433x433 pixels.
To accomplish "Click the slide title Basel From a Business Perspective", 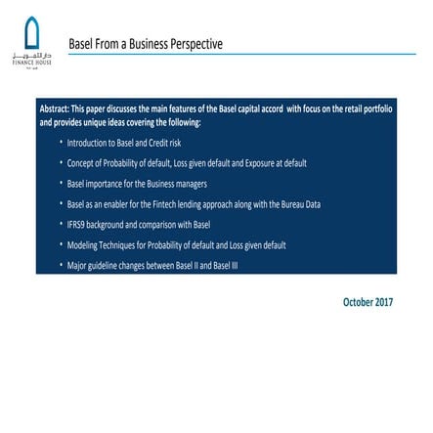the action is [x=145, y=44].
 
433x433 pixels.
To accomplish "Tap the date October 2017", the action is [x=368, y=302].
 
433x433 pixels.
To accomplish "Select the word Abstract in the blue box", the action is [x=55, y=109].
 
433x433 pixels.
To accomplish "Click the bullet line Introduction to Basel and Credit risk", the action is [x=123, y=143].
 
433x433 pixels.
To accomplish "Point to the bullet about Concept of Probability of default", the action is [x=186, y=163].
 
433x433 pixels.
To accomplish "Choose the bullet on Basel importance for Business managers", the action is [x=136, y=184].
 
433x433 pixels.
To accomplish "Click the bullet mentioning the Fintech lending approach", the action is [x=193, y=204].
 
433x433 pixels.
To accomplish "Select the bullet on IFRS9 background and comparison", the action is [x=138, y=225].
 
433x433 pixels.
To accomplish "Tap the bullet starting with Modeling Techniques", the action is [x=176, y=245].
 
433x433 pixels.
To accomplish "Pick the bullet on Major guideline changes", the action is [x=152, y=265].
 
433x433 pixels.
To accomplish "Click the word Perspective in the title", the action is [x=196, y=44].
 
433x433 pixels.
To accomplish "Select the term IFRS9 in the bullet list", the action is [x=77, y=225].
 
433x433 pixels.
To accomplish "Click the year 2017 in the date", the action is [x=382, y=302].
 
